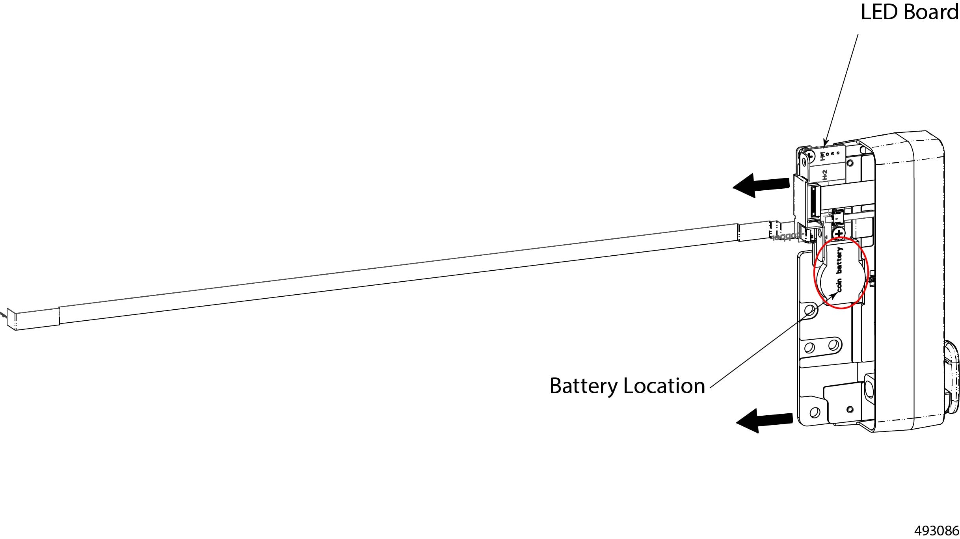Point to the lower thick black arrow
tap(764, 421)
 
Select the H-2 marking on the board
tap(824, 175)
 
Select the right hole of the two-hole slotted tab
tap(833, 346)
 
